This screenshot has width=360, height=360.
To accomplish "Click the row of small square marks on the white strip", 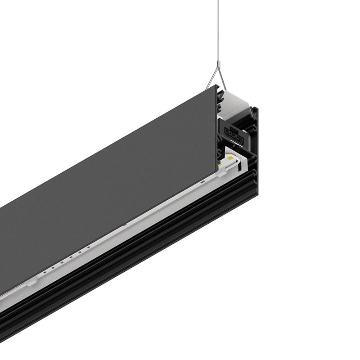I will click(x=67, y=261).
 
